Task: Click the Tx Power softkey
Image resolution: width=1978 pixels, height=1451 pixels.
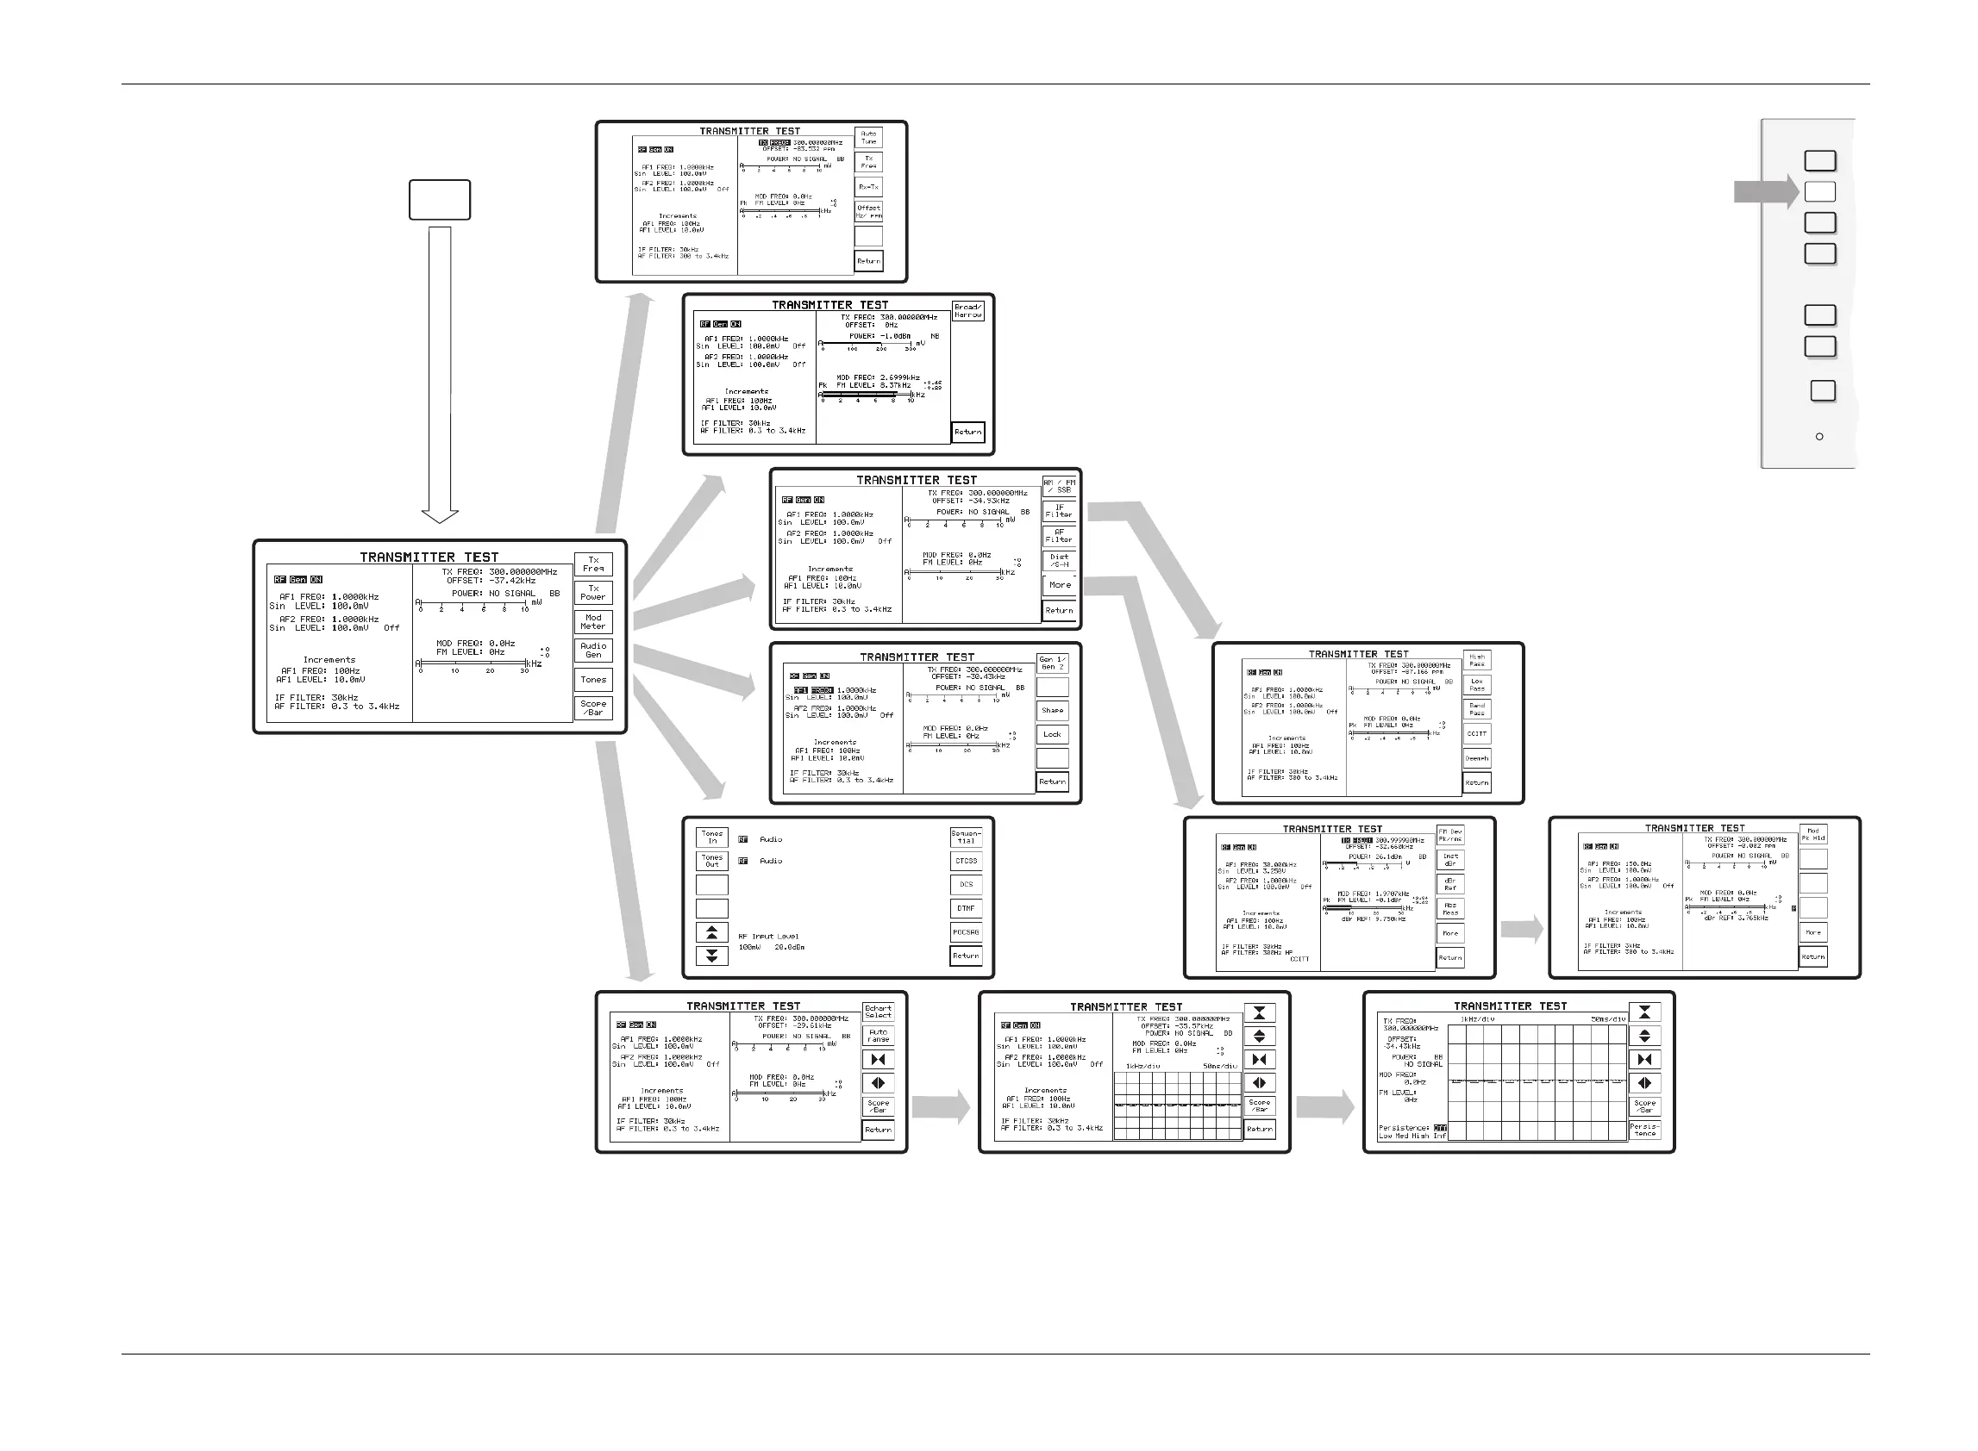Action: (593, 593)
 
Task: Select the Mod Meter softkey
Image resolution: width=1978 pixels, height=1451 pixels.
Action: (593, 622)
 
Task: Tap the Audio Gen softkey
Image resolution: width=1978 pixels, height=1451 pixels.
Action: (593, 650)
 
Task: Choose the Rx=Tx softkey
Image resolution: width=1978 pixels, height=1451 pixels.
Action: (868, 187)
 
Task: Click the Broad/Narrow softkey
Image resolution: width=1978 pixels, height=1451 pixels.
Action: (967, 311)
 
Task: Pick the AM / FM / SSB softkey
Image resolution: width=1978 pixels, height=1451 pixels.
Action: (1059, 487)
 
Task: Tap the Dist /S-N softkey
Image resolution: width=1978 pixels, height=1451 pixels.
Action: (1059, 560)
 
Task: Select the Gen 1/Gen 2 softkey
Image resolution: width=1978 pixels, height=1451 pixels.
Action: (1052, 663)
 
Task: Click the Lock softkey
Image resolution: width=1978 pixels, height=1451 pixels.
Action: (1052, 734)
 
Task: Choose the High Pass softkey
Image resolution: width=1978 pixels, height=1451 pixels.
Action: (1476, 660)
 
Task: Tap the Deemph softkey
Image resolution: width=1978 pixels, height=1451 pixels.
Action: (1476, 758)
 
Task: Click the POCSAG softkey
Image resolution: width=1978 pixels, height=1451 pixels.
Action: (966, 932)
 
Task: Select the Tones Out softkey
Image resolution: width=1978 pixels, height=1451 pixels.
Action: (711, 861)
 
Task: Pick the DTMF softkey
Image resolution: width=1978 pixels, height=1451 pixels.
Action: (966, 908)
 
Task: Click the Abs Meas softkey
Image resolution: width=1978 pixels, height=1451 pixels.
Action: (1450, 909)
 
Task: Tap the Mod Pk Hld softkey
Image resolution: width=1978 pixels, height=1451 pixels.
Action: (1812, 834)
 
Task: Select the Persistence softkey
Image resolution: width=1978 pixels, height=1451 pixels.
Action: (1644, 1130)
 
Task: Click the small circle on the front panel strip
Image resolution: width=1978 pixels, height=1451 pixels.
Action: (1819, 437)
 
